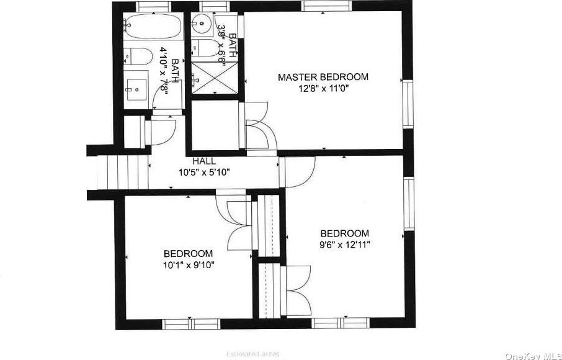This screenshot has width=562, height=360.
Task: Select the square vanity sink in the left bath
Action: pyautogui.click(x=136, y=89)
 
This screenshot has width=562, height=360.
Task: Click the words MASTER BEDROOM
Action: pyautogui.click(x=323, y=77)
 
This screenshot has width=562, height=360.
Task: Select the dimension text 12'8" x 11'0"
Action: pyautogui.click(x=323, y=89)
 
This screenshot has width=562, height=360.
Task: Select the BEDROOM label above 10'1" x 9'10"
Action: pyautogui.click(x=188, y=254)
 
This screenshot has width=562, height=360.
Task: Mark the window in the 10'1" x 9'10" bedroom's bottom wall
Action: pyautogui.click(x=182, y=323)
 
